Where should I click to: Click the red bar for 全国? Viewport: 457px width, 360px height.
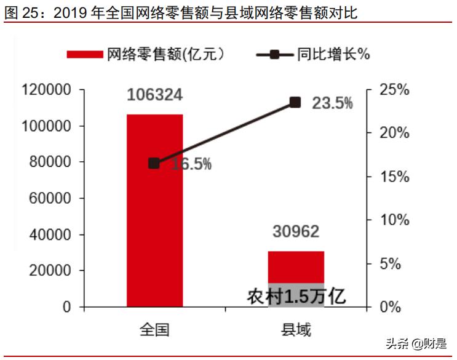(154, 234)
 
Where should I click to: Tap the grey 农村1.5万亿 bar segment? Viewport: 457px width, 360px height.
(296, 296)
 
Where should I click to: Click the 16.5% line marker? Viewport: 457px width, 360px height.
(154, 163)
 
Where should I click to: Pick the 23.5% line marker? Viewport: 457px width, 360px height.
(295, 102)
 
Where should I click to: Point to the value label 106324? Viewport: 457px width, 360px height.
(154, 95)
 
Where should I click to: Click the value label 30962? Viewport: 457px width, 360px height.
(295, 231)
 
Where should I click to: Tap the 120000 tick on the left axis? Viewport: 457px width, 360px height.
(47, 90)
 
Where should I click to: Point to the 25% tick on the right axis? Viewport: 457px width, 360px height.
(394, 90)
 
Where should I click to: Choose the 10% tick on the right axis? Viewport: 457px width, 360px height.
(394, 220)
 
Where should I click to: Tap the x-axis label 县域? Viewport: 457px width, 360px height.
(295, 329)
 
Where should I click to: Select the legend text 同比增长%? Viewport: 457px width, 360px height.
(333, 54)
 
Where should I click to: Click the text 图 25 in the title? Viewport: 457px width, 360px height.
(21, 12)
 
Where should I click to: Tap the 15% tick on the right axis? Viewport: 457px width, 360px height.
(394, 177)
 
